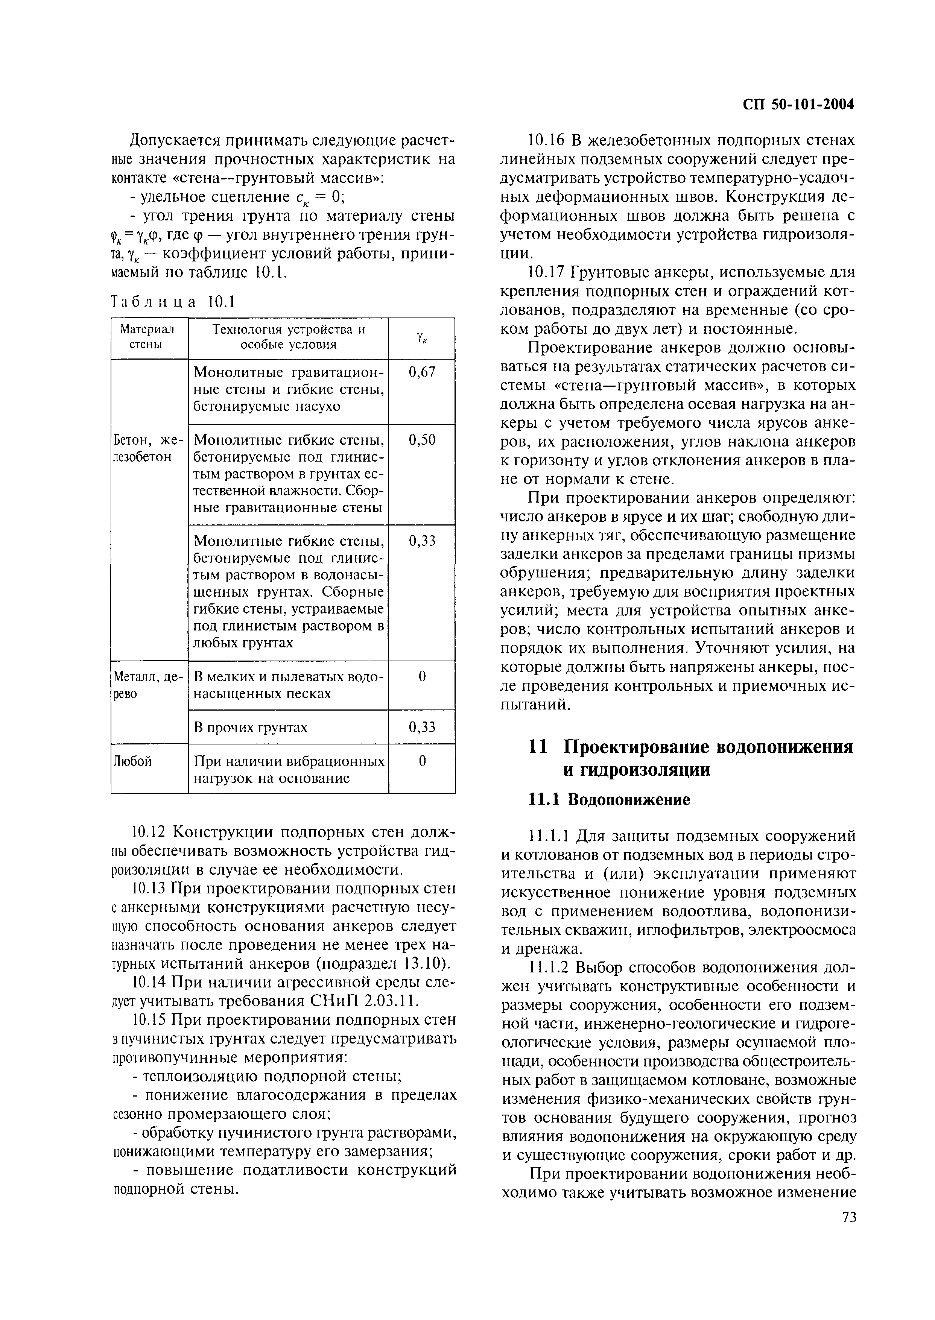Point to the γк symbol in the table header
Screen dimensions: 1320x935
click(x=421, y=338)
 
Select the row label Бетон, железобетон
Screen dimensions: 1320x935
click(x=147, y=448)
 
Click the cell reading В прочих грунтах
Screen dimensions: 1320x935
click(x=251, y=727)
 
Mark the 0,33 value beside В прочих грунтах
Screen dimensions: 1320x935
click(x=421, y=727)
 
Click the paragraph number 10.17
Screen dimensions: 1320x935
click(x=547, y=272)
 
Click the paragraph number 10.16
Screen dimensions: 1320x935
click(x=547, y=140)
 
